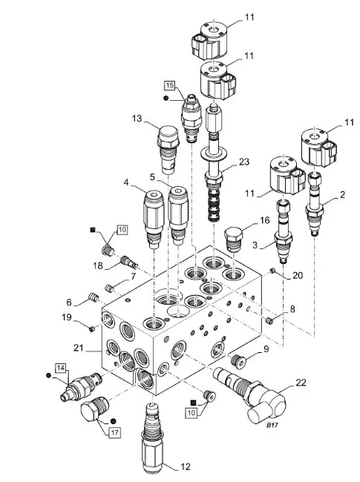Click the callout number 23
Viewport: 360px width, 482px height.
pos(243,162)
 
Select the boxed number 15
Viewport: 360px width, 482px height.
pos(170,85)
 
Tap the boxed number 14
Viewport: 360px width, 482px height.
pos(61,368)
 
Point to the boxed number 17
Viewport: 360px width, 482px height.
pos(114,433)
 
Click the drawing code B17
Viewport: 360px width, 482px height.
pos(272,425)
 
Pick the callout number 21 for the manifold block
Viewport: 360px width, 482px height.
pos(79,348)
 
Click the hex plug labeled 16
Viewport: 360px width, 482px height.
pos(233,240)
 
